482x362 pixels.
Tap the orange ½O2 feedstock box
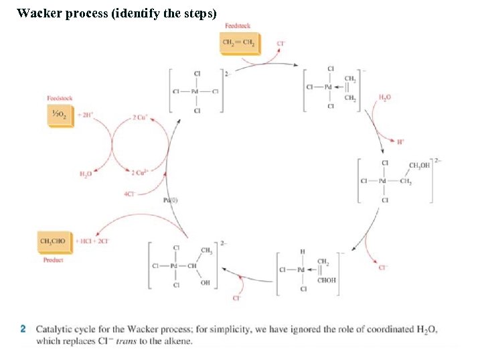point(59,114)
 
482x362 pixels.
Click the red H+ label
point(400,141)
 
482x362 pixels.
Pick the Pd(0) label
point(171,200)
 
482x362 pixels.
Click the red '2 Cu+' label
point(140,117)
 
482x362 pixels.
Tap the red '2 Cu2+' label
point(140,173)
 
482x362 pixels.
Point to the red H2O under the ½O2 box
point(85,174)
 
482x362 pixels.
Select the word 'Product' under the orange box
point(54,259)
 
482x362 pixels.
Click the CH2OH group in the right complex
point(420,166)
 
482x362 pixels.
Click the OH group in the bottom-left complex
point(205,283)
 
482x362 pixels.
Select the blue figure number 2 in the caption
point(23,329)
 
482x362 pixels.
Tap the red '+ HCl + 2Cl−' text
point(94,241)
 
